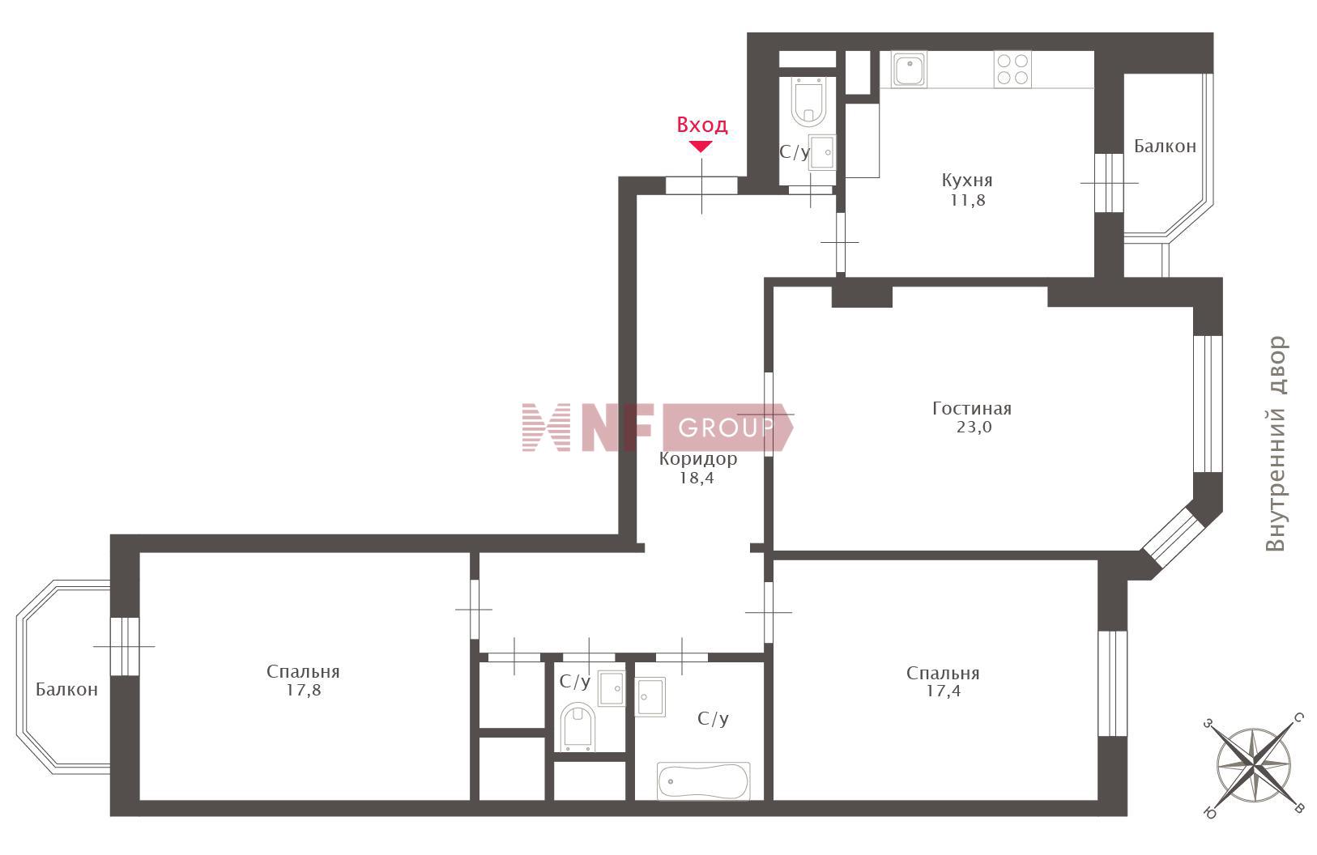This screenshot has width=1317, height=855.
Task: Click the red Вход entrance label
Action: (702, 125)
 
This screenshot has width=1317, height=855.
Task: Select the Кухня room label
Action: (967, 180)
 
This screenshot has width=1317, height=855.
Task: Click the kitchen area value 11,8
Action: (968, 200)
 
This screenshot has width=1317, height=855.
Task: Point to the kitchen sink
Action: (909, 70)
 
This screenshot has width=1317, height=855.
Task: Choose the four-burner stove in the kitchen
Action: (1012, 70)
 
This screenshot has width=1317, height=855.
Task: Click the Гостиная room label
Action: (972, 408)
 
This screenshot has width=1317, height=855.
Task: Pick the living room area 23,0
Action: (974, 427)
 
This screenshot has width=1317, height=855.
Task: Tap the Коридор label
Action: (698, 459)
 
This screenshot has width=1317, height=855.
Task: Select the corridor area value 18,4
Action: (697, 479)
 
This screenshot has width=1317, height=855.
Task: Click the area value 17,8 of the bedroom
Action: (304, 690)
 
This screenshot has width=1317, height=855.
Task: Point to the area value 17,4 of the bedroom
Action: (943, 691)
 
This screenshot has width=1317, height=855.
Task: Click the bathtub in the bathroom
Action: (703, 781)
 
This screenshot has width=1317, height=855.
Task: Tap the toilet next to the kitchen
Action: (809, 102)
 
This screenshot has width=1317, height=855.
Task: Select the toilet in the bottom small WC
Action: (578, 728)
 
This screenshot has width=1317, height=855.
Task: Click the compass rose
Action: (1254, 766)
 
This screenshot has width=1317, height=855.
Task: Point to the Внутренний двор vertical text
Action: (1276, 444)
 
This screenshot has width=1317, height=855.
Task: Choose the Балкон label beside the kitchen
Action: (1165, 147)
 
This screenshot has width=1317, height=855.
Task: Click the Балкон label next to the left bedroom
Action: (66, 689)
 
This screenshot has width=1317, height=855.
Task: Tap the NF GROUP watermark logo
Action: (658, 427)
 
